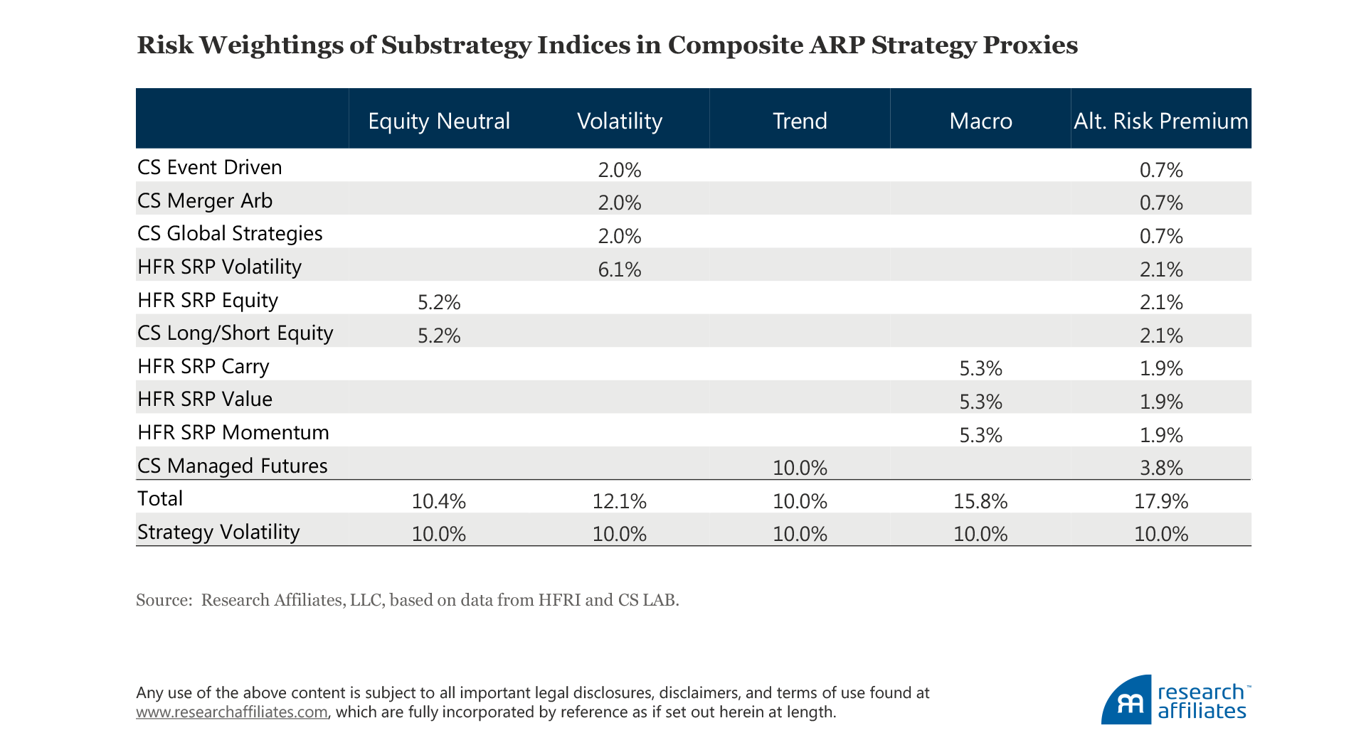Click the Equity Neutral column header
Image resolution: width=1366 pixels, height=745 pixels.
click(438, 121)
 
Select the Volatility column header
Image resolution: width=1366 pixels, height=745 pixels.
click(619, 121)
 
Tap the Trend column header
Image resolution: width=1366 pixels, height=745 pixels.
click(800, 121)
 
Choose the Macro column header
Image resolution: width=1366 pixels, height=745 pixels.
click(980, 121)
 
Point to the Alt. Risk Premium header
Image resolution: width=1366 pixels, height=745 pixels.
click(1160, 121)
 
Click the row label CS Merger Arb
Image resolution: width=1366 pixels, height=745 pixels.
click(205, 200)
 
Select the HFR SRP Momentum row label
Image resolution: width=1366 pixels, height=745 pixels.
click(233, 432)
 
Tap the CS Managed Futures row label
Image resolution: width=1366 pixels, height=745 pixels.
click(232, 466)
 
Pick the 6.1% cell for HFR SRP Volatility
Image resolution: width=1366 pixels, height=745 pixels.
click(619, 269)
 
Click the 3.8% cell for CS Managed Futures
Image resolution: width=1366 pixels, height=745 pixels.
click(1161, 468)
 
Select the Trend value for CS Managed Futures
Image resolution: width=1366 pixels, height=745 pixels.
click(800, 468)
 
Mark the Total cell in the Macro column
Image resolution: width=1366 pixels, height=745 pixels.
click(980, 501)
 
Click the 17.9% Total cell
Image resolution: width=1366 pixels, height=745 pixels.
click(1161, 501)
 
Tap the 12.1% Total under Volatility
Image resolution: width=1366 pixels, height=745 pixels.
click(619, 501)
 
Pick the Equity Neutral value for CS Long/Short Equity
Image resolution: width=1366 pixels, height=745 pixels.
click(439, 336)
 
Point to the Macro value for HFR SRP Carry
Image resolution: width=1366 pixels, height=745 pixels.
click(980, 368)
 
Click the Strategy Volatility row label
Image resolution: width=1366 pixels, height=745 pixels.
click(218, 532)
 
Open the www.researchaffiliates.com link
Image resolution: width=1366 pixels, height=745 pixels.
click(232, 712)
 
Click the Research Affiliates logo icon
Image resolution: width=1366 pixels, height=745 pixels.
click(1126, 701)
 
